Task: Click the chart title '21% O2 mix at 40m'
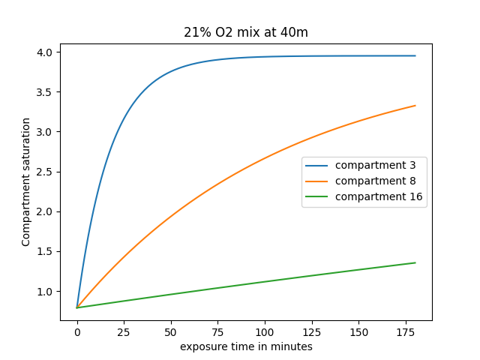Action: [x=246, y=32]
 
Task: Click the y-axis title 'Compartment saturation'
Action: [x=26, y=181]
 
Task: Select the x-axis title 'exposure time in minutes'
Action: [x=246, y=346]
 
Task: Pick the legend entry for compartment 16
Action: [x=379, y=196]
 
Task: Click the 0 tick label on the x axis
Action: [x=77, y=332]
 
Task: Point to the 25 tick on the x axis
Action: [x=124, y=332]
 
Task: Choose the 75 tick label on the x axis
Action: [x=217, y=332]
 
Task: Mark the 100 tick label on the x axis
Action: [x=265, y=332]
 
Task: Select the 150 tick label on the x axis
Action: [x=358, y=332]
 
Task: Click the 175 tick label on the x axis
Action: [x=406, y=332]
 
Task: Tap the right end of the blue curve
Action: [x=415, y=55]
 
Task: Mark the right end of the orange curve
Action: [x=415, y=106]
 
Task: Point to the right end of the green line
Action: [x=415, y=262]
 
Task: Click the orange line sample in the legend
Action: [x=318, y=181]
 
